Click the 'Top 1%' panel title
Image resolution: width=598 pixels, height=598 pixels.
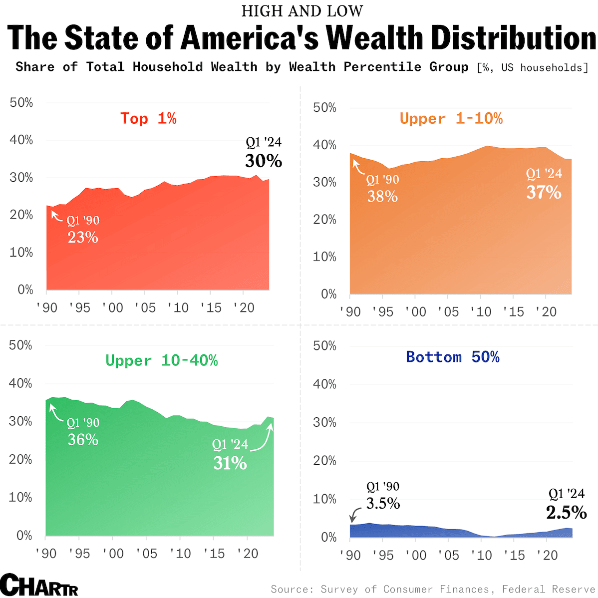click(x=148, y=118)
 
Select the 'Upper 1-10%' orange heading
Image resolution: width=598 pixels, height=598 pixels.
click(x=451, y=118)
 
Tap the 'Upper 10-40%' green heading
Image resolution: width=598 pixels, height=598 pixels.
click(x=161, y=360)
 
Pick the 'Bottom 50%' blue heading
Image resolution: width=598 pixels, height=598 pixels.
click(x=452, y=357)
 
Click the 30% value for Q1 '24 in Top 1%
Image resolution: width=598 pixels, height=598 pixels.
click(x=263, y=161)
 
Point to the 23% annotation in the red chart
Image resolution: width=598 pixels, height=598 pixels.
click(x=83, y=237)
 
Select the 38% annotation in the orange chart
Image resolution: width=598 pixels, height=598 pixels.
click(x=382, y=197)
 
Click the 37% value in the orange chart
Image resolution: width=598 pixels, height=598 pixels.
click(x=544, y=193)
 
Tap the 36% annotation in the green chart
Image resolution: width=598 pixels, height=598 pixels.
click(x=83, y=440)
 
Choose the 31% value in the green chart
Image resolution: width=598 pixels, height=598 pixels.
click(x=230, y=464)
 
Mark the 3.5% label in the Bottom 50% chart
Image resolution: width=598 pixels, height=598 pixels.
click(x=383, y=504)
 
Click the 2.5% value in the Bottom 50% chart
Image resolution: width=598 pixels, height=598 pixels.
click(x=566, y=513)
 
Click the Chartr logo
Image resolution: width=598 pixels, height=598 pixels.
click(x=39, y=585)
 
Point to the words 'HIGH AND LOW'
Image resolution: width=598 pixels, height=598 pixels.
click(x=302, y=11)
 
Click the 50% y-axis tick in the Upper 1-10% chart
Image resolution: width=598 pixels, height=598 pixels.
click(x=324, y=108)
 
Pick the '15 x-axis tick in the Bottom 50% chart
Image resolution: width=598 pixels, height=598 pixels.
click(x=513, y=555)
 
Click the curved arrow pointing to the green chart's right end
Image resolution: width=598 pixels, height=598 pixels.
click(x=263, y=439)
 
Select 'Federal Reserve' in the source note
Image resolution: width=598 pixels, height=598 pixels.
click(x=549, y=589)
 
